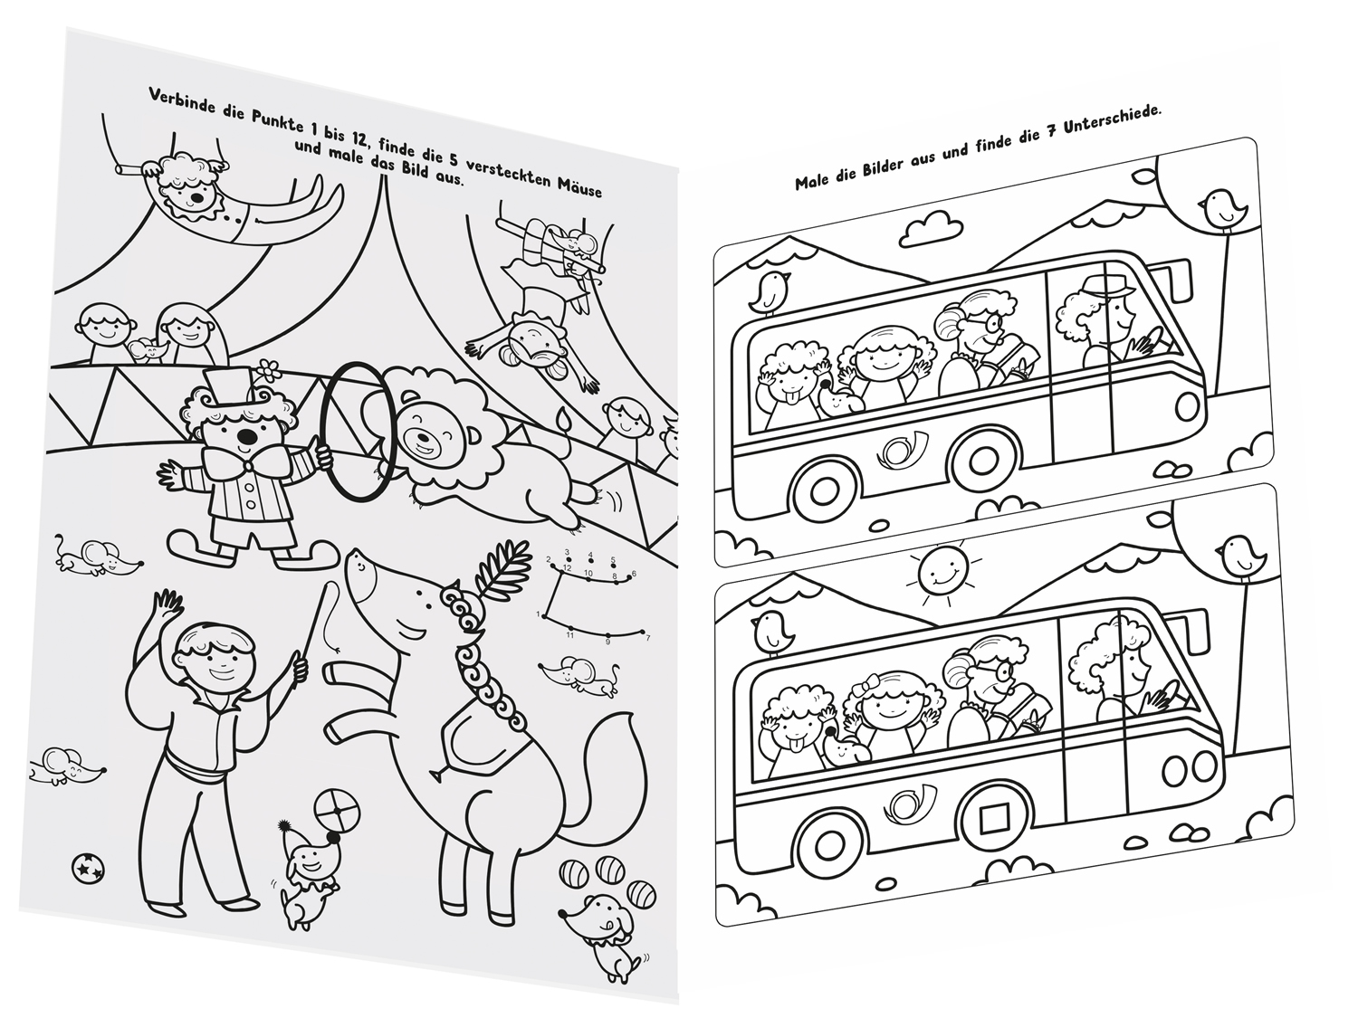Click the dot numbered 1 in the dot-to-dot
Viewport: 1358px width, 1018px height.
coord(544,615)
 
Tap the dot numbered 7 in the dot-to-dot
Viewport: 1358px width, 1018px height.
coord(644,633)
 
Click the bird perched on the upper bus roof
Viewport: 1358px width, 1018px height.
coord(769,292)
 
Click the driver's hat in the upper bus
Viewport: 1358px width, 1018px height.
coord(1102,288)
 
